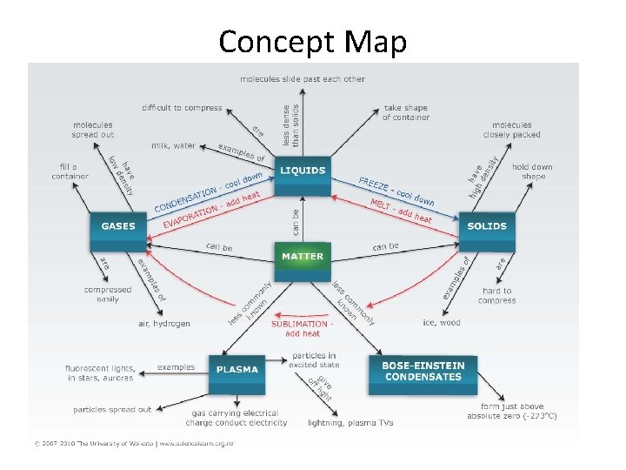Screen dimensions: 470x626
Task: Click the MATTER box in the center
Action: [x=303, y=257]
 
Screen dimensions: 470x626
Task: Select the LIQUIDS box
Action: [x=303, y=171]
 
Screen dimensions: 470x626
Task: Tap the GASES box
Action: [x=118, y=226]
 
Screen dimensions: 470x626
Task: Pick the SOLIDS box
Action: [x=487, y=226]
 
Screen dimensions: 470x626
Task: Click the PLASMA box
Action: [x=237, y=369]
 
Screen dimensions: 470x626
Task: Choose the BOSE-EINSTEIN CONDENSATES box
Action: [x=424, y=371]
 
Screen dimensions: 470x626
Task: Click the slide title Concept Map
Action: [x=312, y=42]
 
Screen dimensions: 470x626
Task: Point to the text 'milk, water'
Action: [x=173, y=145]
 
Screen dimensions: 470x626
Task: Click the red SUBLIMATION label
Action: [x=301, y=324]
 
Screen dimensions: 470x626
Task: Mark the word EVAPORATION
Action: [x=190, y=217]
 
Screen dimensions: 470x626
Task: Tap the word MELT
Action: [x=379, y=205]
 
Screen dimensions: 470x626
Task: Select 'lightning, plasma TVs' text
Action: [x=350, y=423]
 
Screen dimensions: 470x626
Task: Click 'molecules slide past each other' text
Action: [x=303, y=79]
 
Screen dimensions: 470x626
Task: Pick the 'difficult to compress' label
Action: [x=182, y=108]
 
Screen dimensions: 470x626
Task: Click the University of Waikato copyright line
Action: [x=134, y=443]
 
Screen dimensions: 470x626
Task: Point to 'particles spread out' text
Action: [x=112, y=409]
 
